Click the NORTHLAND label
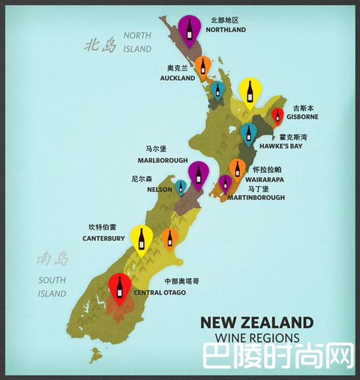pos(225,30)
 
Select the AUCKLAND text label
pos(177,77)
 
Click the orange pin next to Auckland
pos(203,67)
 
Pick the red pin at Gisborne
pos(277,115)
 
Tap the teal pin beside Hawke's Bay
pos(248,133)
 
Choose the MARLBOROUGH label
pos(164,160)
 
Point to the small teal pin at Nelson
pos(180,187)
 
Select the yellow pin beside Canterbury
pos(142,238)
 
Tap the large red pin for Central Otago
pos(120,288)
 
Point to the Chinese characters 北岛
pos(100,46)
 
